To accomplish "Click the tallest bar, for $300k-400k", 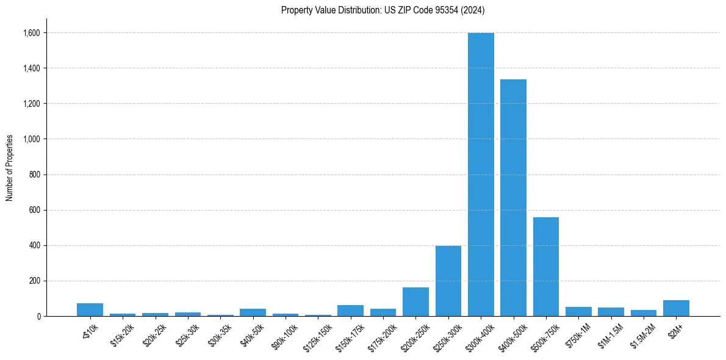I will tap(481, 175).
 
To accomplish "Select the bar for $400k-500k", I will tap(513, 198).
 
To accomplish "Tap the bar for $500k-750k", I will tap(546, 267).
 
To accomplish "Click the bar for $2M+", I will tap(676, 308).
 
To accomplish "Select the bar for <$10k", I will tap(90, 310).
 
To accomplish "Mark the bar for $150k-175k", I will tap(350, 311).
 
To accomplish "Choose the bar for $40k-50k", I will tap(253, 312).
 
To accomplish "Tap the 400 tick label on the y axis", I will tap(35, 245).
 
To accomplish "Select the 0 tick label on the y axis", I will tap(39, 316).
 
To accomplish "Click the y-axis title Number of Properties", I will tap(9, 167).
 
